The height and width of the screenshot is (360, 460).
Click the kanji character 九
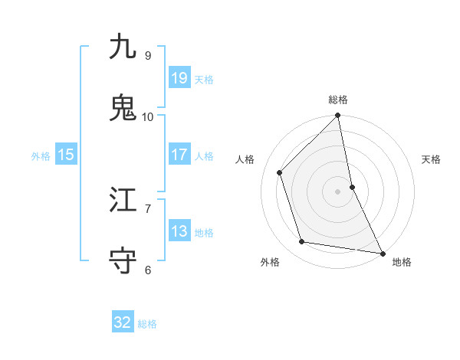pos(123,47)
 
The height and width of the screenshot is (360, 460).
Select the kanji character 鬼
pos(123,108)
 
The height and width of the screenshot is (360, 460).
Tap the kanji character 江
pos(123,200)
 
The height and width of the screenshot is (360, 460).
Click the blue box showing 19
pos(179,78)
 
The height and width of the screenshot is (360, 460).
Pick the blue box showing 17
pos(179,155)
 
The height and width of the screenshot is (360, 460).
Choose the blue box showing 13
pos(179,231)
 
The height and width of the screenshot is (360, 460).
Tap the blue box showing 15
pos(65,155)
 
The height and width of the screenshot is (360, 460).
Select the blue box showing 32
pos(123,323)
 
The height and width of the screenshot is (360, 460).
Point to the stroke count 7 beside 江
pos(148,208)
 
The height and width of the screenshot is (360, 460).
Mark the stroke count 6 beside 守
pos(148,270)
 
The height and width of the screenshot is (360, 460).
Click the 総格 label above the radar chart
pos(338,100)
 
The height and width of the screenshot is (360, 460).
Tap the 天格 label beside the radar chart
pos(432,159)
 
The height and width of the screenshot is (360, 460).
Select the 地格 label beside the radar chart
pos(402,262)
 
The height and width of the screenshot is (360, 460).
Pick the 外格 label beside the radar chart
pos(270,262)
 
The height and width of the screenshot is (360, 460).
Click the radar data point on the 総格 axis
pos(338,116)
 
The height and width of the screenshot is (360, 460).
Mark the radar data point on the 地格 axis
pos(383,252)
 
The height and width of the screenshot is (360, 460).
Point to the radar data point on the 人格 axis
pos(280,172)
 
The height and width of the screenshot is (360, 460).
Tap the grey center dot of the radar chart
pos(338,191)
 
